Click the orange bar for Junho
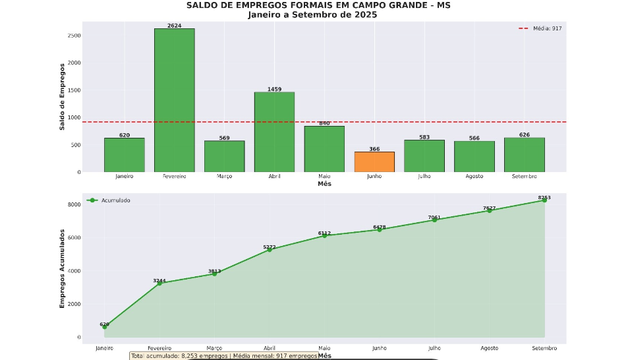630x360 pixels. point(374,162)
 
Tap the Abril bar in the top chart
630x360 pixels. point(274,132)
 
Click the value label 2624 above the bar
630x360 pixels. point(175,26)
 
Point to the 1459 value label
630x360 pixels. point(274,89)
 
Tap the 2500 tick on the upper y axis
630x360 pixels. point(73,36)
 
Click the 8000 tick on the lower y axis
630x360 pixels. point(73,204)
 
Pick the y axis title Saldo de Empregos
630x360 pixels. point(63,96)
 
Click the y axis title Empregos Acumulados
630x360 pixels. point(63,268)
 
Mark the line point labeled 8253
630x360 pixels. point(544,200)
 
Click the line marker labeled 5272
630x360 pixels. point(270,250)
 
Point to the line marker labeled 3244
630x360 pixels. point(159,284)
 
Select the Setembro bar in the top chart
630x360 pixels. point(524,155)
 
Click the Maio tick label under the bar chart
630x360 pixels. point(324,176)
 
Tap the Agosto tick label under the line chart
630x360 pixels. point(489,348)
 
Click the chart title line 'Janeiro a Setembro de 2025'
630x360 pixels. point(312,15)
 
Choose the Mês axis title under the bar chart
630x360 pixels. point(324,184)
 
